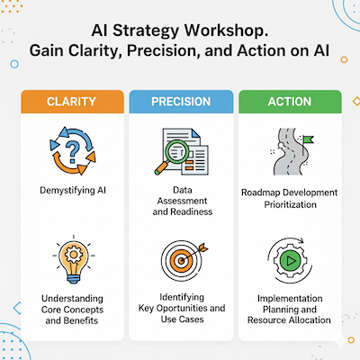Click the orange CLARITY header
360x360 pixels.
click(72, 102)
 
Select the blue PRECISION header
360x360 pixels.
click(181, 102)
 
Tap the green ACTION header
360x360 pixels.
click(290, 102)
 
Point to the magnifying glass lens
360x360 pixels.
click(177, 152)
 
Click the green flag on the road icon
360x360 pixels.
click(309, 139)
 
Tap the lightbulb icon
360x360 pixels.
click(74, 260)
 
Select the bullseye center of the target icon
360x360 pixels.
click(181, 260)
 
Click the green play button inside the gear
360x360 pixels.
click(290, 261)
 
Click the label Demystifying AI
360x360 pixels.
click(73, 190)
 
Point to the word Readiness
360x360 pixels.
click(192, 211)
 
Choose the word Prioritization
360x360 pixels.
click(290, 204)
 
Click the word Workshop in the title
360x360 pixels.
click(226, 31)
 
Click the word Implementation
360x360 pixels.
click(290, 299)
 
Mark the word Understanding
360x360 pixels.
click(72, 299)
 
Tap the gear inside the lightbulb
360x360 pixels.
click(74, 255)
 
